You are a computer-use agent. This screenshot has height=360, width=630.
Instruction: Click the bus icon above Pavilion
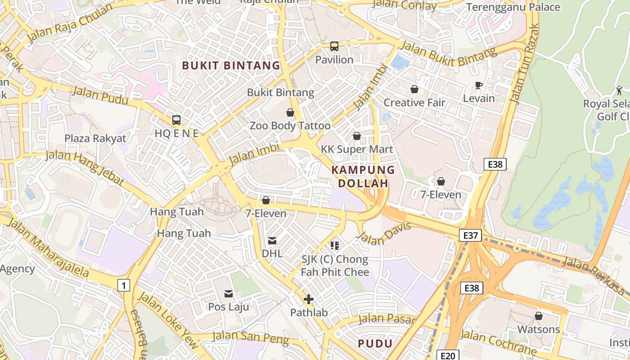334,46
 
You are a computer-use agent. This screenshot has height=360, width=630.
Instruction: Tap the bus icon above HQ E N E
176,120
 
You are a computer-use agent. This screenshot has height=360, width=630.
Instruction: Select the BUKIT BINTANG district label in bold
231,66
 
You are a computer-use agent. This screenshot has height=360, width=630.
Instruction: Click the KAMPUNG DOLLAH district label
363,176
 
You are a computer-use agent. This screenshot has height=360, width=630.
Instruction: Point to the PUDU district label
375,344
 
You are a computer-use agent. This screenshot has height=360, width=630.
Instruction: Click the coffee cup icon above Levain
479,85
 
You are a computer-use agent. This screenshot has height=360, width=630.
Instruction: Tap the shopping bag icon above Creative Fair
414,89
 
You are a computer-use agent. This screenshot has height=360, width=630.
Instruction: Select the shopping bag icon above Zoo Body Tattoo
290,112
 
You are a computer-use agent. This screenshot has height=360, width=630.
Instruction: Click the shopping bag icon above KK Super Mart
357,135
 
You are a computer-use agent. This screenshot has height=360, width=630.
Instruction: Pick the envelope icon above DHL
272,241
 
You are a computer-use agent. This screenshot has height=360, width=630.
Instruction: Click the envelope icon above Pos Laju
229,294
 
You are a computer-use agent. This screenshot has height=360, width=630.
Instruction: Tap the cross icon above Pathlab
309,299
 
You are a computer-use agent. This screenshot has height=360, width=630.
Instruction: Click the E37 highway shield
471,235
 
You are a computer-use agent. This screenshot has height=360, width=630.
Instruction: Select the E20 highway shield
447,355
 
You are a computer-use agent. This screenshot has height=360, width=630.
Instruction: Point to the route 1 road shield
124,285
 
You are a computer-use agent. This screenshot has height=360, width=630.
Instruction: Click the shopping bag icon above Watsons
538,316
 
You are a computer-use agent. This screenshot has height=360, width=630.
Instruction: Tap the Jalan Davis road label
387,233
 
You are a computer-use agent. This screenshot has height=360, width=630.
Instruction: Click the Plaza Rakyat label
95,138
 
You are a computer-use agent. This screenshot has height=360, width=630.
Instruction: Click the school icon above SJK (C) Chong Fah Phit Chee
335,245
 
